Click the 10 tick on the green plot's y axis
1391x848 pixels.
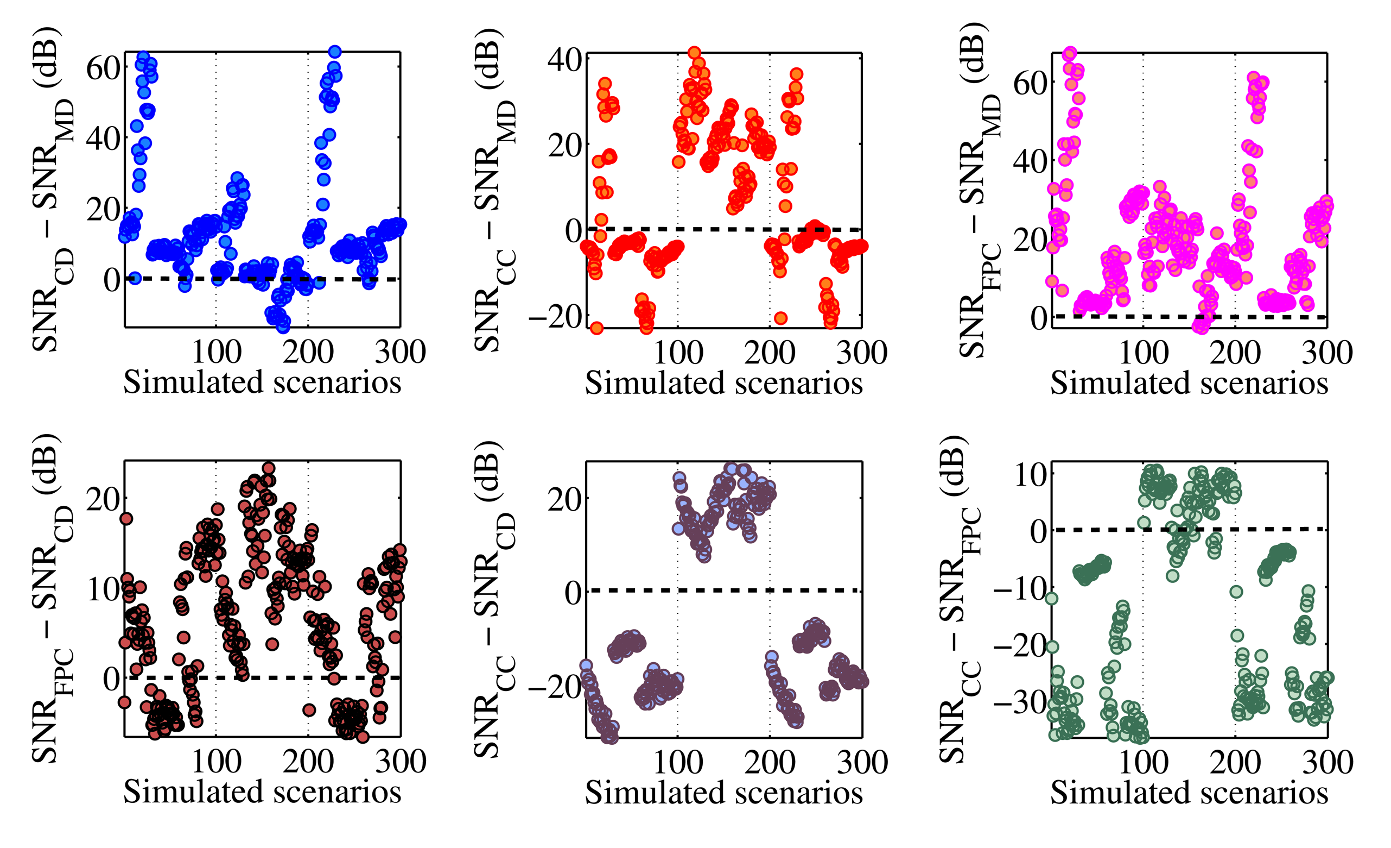pyautogui.click(x=1031, y=475)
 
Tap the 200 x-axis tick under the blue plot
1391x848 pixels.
pyautogui.click(x=308, y=352)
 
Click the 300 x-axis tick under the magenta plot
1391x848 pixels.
pyautogui.click(x=1326, y=353)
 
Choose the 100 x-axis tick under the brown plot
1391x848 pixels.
pyautogui.click(x=216, y=762)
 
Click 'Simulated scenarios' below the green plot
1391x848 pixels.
pyautogui.click(x=1189, y=792)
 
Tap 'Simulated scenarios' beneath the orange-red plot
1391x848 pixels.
pyautogui.click(x=724, y=383)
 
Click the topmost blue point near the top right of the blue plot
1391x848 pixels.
pyautogui.click(x=335, y=52)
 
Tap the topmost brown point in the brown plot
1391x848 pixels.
pyautogui.click(x=269, y=468)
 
